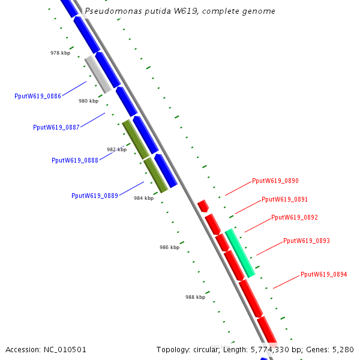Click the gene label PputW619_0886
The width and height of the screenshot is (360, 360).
point(37,96)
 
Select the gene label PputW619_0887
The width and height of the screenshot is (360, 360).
point(56,127)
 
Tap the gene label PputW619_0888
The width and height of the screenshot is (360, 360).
point(75,160)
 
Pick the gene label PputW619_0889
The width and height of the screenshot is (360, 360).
point(94,196)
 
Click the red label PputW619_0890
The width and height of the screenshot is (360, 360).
point(275,181)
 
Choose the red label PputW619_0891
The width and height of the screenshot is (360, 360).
point(284,199)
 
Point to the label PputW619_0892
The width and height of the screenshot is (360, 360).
point(294,217)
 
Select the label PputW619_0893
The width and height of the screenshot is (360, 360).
point(306,241)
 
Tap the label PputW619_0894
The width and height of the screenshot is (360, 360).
point(323,274)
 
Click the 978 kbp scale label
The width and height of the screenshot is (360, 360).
point(60,53)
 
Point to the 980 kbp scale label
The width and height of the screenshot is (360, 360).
point(88,101)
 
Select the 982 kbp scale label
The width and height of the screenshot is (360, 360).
point(116,149)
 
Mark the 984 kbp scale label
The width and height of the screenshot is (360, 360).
point(143,198)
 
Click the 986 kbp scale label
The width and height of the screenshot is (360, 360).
point(169,247)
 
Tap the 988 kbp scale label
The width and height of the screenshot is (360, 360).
point(195,297)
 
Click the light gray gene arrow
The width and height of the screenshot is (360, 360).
point(98,74)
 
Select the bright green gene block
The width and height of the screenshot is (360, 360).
point(240,253)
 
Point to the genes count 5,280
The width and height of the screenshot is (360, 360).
point(343,349)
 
